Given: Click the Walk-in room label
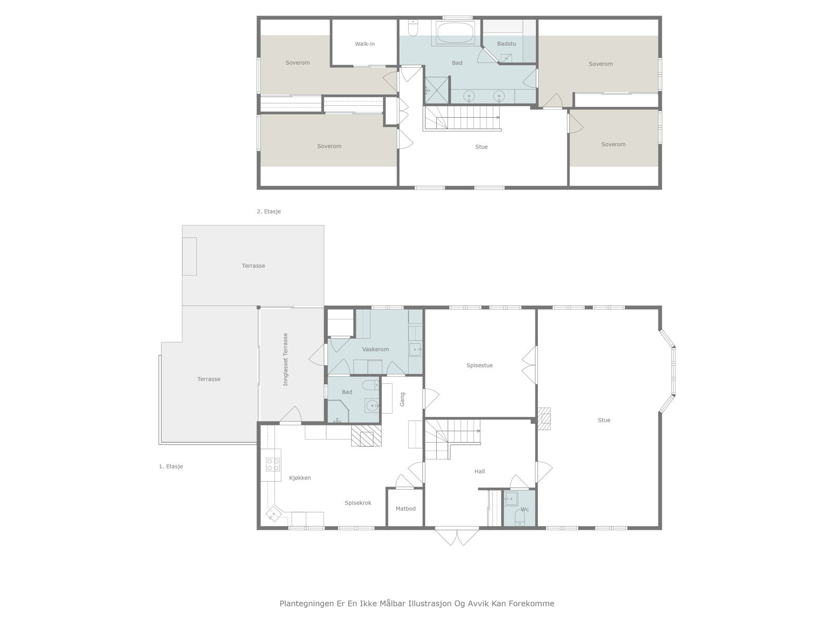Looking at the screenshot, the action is pos(365,44).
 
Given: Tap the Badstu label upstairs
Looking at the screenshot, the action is pos(507,44).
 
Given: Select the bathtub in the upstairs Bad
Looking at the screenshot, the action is pos(455,33).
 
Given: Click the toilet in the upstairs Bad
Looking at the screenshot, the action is pos(413,27).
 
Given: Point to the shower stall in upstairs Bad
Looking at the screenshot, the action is pos(437,90).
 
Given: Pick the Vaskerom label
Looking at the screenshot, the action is pos(375,349).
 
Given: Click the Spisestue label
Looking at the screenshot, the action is pos(480,366).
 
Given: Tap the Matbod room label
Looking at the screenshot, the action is pos(406,508).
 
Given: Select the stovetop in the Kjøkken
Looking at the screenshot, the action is pos(273,465).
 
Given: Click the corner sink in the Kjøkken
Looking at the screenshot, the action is pos(274,515).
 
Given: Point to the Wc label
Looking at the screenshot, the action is pos(525,509).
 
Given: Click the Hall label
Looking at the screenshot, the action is pos(480,471).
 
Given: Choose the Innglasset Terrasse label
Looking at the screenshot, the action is pos(285,359).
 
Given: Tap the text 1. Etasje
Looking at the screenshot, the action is pos(171,466).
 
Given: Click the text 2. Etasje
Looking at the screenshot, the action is pos(268,211).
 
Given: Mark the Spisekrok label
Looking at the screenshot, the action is pos(358,503).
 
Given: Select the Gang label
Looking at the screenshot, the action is pos(402,399).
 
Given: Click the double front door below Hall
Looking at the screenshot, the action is pos(457,536).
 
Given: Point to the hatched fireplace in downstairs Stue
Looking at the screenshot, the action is pos(544,419).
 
